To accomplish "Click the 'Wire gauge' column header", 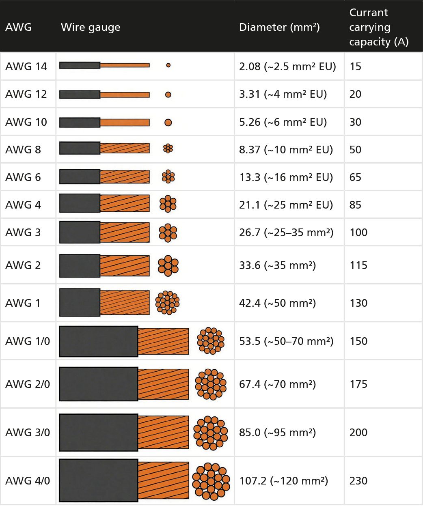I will pos(91,27).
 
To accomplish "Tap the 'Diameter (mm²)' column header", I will pos(279,27).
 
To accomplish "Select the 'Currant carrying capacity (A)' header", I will pos(378,27).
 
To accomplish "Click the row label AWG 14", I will pos(26,66).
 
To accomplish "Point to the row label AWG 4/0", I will pos(28,481).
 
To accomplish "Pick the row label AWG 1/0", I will pos(28,341).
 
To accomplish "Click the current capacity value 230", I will pos(358,481).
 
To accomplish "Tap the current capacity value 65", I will pos(355,177).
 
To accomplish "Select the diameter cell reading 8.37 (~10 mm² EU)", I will pos(286,150).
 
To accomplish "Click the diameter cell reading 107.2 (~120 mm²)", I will pos(283,481).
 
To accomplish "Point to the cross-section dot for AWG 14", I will pos(168,65).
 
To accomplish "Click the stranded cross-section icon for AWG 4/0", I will pos(211,481).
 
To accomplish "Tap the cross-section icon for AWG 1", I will pos(167,303).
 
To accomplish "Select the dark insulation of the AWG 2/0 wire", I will pos(99,384).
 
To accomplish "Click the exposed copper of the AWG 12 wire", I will pos(125,95).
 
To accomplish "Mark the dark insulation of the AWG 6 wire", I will pos(80,177).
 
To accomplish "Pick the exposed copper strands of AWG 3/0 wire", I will pos(163,432).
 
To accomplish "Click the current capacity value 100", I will pos(358,233).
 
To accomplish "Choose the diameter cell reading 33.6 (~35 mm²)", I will pos(277,265).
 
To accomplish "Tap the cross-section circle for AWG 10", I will pos(168,123).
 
